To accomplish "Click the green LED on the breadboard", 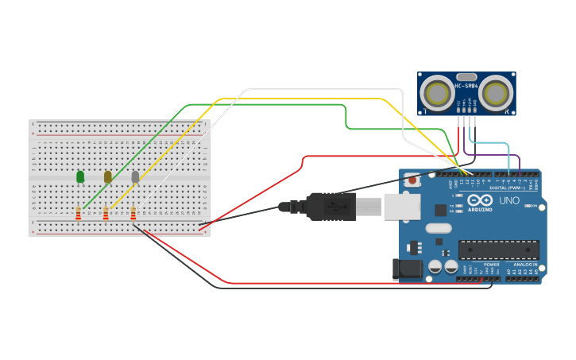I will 80,176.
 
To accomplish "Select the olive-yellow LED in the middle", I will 107,176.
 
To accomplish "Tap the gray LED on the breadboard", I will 135,176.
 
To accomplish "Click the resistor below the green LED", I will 78,213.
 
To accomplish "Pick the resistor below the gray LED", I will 133,213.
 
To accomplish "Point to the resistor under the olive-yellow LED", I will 106,213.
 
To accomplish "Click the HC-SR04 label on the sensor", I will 466,86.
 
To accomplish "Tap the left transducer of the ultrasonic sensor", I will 437,94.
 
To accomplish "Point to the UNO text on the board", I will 509,200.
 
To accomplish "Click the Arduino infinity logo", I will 485,200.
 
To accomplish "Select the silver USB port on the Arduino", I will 401,207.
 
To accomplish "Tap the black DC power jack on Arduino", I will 407,269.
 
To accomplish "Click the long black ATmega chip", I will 498,249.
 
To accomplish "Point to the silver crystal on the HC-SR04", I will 466,76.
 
